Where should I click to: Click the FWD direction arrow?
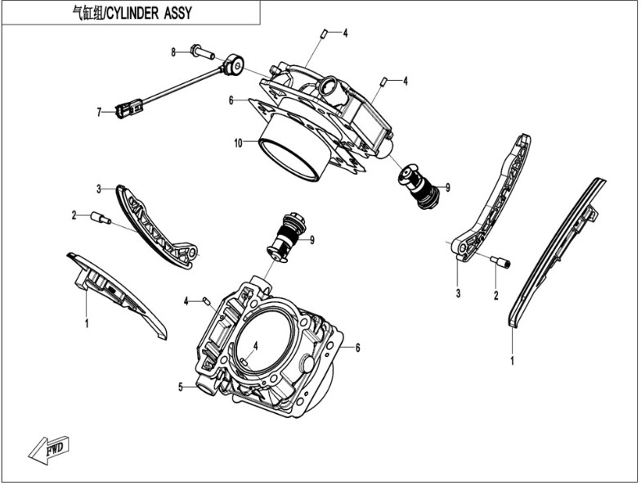[49, 448]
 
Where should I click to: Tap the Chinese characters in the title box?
[85, 13]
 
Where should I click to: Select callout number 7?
[99, 112]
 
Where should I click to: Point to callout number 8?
[173, 52]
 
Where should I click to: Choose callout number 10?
[238, 143]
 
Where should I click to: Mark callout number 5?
[181, 387]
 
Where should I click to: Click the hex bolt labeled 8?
[202, 53]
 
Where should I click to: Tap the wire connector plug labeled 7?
[128, 107]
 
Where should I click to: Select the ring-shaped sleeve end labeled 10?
[289, 161]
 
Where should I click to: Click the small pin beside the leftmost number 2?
[100, 217]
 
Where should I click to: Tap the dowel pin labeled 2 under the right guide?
[500, 261]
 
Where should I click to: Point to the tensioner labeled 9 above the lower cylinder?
[288, 236]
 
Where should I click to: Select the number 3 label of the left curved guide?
[99, 189]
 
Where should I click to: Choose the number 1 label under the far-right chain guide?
[513, 359]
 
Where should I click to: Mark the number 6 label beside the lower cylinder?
[357, 347]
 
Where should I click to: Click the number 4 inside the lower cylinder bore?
[255, 346]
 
